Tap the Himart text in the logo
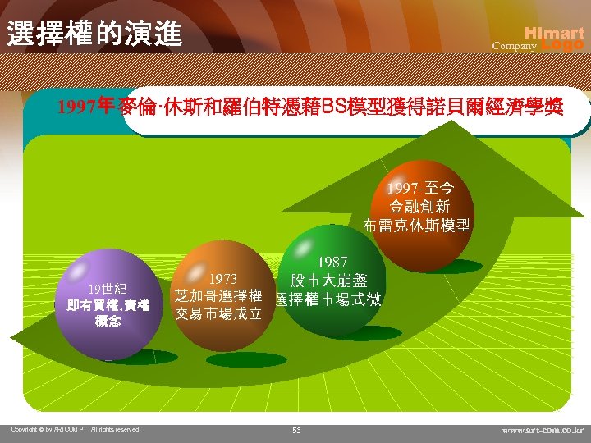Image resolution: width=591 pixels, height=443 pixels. point(554,33)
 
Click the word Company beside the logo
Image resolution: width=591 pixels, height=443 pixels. point(514,47)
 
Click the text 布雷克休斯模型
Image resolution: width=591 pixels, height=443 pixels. point(418,226)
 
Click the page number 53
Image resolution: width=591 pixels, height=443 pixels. point(296,430)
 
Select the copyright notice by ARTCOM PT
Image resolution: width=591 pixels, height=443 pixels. point(76,429)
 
